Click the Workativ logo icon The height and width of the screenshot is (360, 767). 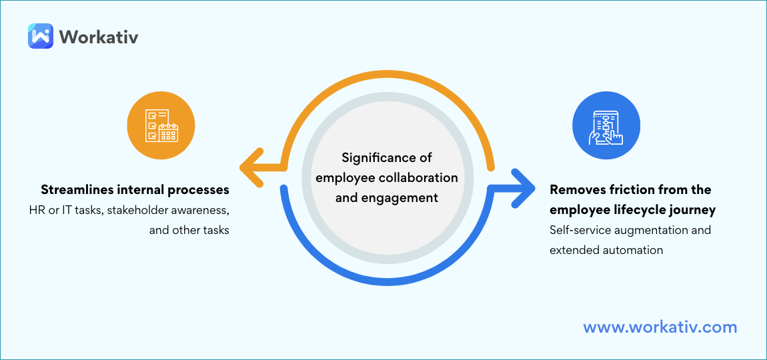[x=40, y=36]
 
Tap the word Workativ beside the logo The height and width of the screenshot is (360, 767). [x=99, y=36]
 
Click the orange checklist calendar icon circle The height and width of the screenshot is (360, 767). [x=161, y=125]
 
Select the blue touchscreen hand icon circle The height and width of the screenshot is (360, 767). [x=606, y=125]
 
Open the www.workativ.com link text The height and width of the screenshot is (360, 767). [x=660, y=327]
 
